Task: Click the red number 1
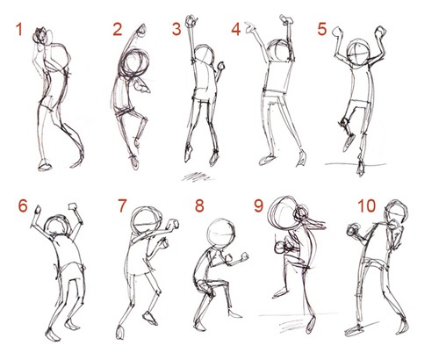click(19, 30)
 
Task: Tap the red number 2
click(118, 30)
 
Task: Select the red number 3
click(176, 30)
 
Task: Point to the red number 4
click(236, 30)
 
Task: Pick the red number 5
click(322, 30)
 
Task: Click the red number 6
click(23, 205)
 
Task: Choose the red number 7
click(122, 205)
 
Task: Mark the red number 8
click(199, 205)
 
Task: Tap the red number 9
click(258, 205)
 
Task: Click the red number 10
click(367, 205)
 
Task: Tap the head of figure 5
click(358, 54)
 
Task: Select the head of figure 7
click(146, 221)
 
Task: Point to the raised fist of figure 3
click(191, 21)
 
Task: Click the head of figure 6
click(57, 227)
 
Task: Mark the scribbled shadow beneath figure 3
click(196, 177)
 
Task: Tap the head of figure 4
click(280, 51)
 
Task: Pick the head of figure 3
click(205, 54)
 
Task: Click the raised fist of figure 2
click(141, 29)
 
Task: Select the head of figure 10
click(396, 212)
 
